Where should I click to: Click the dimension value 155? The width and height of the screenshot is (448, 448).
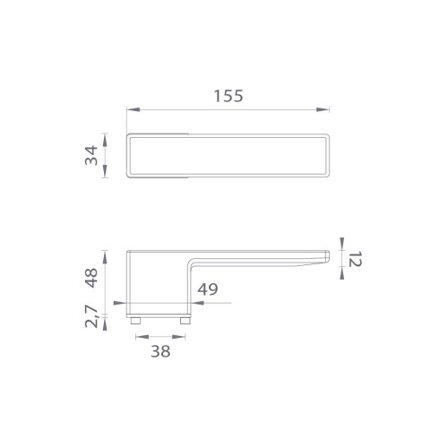pyautogui.click(x=228, y=96)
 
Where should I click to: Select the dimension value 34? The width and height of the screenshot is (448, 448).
pyautogui.click(x=91, y=155)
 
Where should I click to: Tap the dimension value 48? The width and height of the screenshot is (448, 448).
pyautogui.click(x=91, y=278)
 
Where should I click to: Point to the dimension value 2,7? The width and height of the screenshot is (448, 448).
pyautogui.click(x=91, y=316)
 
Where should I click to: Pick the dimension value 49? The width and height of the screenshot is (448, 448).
pyautogui.click(x=208, y=289)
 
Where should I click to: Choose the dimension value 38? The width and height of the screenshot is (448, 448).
pyautogui.click(x=160, y=351)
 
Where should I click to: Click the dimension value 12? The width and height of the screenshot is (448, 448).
pyautogui.click(x=356, y=259)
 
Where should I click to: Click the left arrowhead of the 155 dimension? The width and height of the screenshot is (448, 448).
pyautogui.click(x=134, y=109)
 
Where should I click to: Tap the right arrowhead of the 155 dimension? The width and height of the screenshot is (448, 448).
pyautogui.click(x=323, y=109)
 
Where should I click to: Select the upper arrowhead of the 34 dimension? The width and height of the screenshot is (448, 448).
pyautogui.click(x=105, y=140)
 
